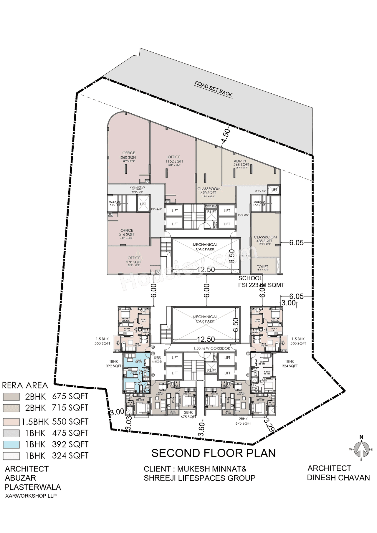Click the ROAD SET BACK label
[x=214, y=89]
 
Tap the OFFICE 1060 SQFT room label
[x=129, y=155]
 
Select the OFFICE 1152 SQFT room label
[x=174, y=159]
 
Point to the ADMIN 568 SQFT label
[x=241, y=163]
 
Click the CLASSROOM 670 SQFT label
[x=209, y=191]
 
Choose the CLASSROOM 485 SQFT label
[x=265, y=239]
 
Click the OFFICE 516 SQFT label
[x=127, y=232]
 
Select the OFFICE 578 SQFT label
[x=134, y=260]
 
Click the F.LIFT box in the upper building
[x=211, y=212]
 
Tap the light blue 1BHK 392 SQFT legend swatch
[x=11, y=444]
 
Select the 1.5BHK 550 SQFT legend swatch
[x=11, y=422]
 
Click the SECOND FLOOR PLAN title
[x=214, y=453]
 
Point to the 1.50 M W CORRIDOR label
[x=211, y=348]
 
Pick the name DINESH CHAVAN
[x=338, y=477]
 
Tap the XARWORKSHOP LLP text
[x=31, y=496]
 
